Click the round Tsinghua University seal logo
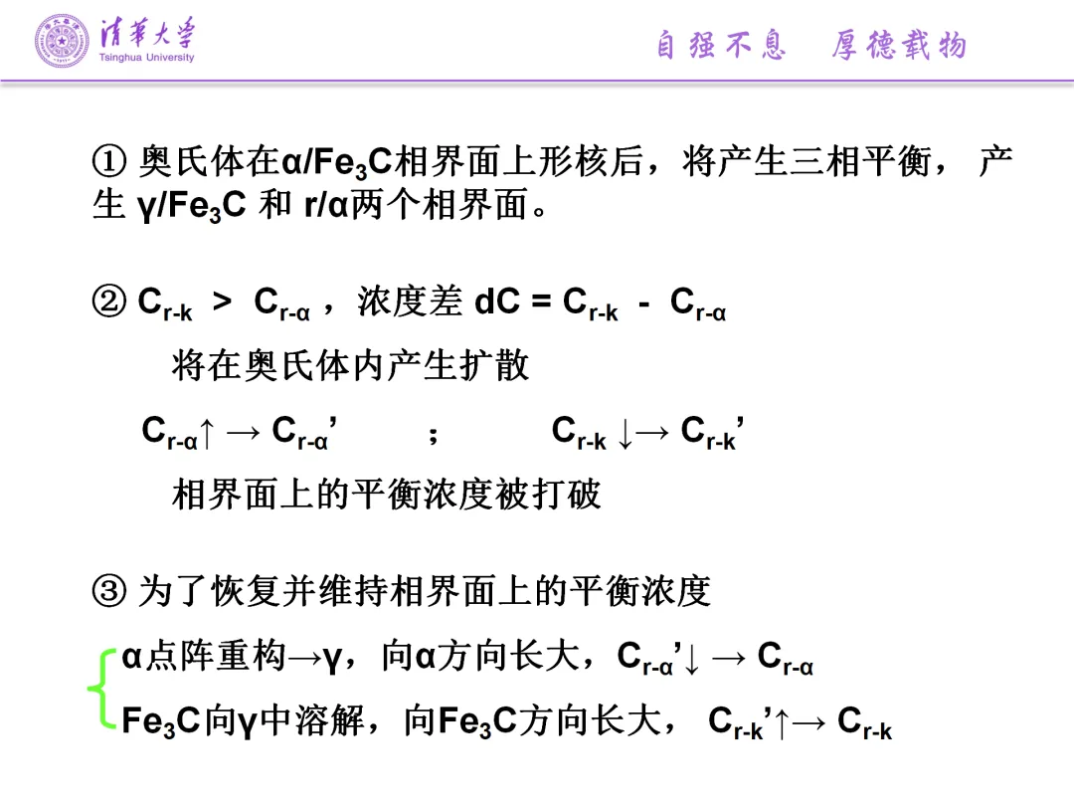[62, 41]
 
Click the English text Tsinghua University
[147, 58]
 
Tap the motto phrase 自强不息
[721, 45]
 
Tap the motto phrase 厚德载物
[898, 45]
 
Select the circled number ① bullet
[109, 161]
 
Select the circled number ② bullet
[109, 302]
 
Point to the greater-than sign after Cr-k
[222, 302]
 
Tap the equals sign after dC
[541, 302]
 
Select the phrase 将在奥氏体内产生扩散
[350, 365]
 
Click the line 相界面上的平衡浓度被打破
[387, 494]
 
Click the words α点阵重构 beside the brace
[205, 657]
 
